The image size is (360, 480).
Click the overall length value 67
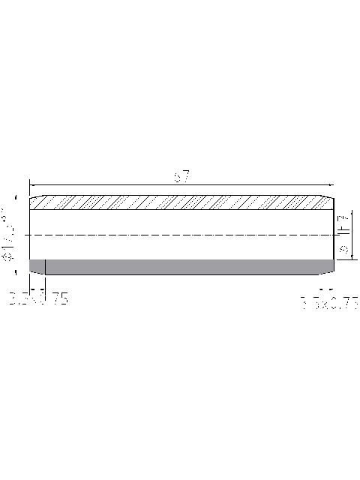[181, 177]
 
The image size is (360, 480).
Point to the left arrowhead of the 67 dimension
[31, 183]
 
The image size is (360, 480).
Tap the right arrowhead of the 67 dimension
[328, 183]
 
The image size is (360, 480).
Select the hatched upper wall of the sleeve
[180, 202]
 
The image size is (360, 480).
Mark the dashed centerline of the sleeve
[180, 235]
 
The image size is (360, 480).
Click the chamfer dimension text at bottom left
[38, 300]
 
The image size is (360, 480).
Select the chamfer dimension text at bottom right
[328, 302]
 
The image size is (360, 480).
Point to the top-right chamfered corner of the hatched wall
[329, 199]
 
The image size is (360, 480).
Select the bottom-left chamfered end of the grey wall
[31, 271]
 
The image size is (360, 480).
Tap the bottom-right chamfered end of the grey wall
[330, 271]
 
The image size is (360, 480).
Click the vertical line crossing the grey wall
[46, 267]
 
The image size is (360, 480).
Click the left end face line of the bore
[29, 235]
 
